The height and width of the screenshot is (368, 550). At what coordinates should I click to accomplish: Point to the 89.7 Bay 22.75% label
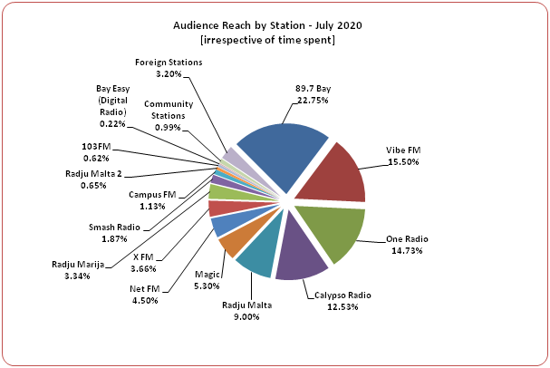click(x=313, y=95)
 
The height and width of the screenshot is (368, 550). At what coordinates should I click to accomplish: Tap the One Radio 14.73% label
click(x=407, y=245)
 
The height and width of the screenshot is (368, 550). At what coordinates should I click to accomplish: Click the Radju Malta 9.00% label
click(x=246, y=311)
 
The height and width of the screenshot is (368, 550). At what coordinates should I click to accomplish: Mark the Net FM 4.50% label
click(x=145, y=295)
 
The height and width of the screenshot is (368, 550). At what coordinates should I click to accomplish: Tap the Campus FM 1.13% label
click(x=151, y=199)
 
